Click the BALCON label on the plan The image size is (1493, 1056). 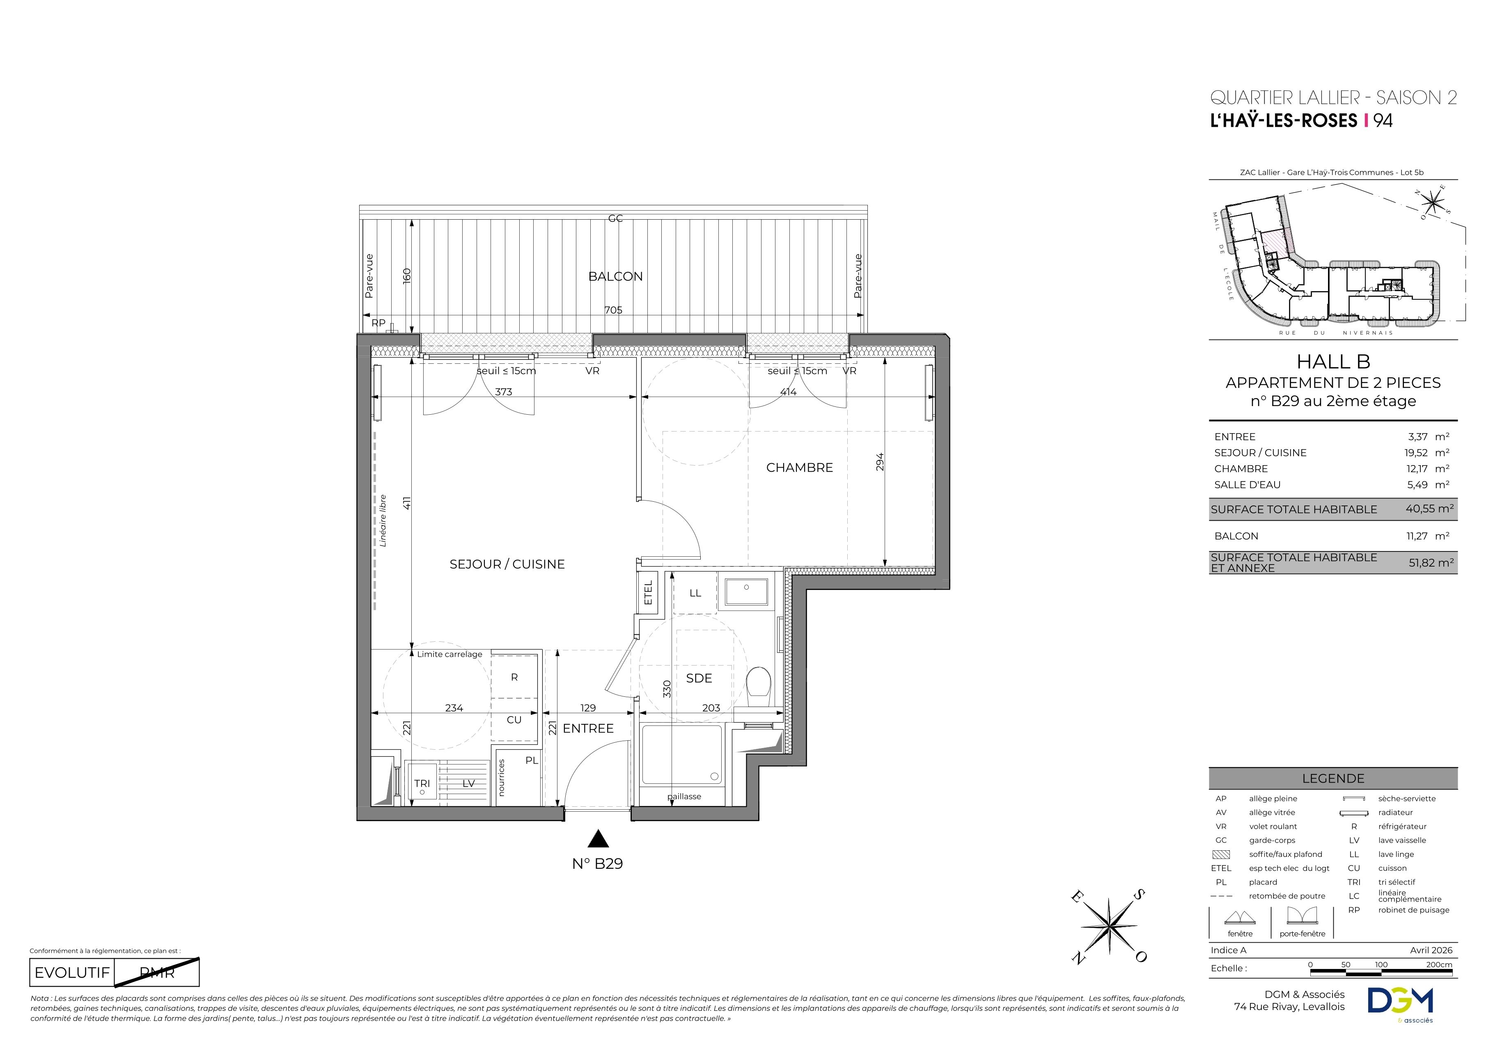(615, 276)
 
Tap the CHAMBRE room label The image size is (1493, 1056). (799, 468)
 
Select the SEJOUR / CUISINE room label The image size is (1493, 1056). (507, 565)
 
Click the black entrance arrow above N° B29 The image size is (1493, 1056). (598, 839)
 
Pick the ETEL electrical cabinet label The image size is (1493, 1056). (648, 592)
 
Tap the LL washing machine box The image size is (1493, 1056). (695, 592)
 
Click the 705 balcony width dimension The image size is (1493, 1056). (613, 310)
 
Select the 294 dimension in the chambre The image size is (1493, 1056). (880, 461)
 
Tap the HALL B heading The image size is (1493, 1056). (1333, 362)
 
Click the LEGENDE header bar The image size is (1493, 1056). (1333, 778)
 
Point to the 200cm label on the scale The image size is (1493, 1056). (1438, 965)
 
